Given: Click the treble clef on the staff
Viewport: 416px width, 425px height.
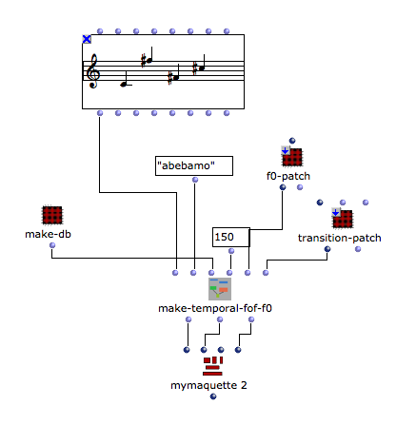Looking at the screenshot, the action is pyautogui.click(x=93, y=71).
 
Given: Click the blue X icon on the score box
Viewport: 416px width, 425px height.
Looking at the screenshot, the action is pyautogui.click(x=87, y=39).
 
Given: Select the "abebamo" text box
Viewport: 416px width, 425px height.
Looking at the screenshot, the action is pyautogui.click(x=194, y=165).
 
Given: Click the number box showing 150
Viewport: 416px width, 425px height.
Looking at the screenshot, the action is pyautogui.click(x=231, y=237).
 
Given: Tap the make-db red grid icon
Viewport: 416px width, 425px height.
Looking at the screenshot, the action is pyautogui.click(x=52, y=215).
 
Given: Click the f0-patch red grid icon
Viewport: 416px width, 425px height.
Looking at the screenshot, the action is pyautogui.click(x=291, y=157).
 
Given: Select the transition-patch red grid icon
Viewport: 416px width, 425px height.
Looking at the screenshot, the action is pyautogui.click(x=342, y=219).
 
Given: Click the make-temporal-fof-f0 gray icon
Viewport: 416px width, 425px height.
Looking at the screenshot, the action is pyautogui.click(x=220, y=289).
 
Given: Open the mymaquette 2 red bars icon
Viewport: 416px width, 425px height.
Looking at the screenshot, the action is pyautogui.click(x=213, y=366).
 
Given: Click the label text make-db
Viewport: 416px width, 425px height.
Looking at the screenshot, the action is pyautogui.click(x=48, y=234).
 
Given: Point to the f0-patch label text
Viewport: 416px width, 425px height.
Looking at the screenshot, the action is pyautogui.click(x=288, y=176).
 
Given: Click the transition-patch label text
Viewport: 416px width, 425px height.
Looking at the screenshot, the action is pyautogui.click(x=340, y=238).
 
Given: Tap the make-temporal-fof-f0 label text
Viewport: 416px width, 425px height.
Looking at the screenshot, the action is pyautogui.click(x=215, y=308).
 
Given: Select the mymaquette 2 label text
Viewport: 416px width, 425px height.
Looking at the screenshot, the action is pyautogui.click(x=208, y=385).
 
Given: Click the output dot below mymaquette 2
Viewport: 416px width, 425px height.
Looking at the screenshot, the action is pyautogui.click(x=213, y=396).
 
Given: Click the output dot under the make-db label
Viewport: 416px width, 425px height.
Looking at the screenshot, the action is pyautogui.click(x=52, y=245).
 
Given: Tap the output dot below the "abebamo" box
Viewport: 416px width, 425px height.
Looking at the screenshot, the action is pyautogui.click(x=195, y=180).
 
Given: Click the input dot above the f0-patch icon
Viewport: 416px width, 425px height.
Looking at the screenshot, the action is pyautogui.click(x=292, y=141).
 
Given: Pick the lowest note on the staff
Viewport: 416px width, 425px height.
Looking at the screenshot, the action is pyautogui.click(x=124, y=84).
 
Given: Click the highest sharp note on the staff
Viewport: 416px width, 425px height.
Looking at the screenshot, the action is pyautogui.click(x=147, y=60).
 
